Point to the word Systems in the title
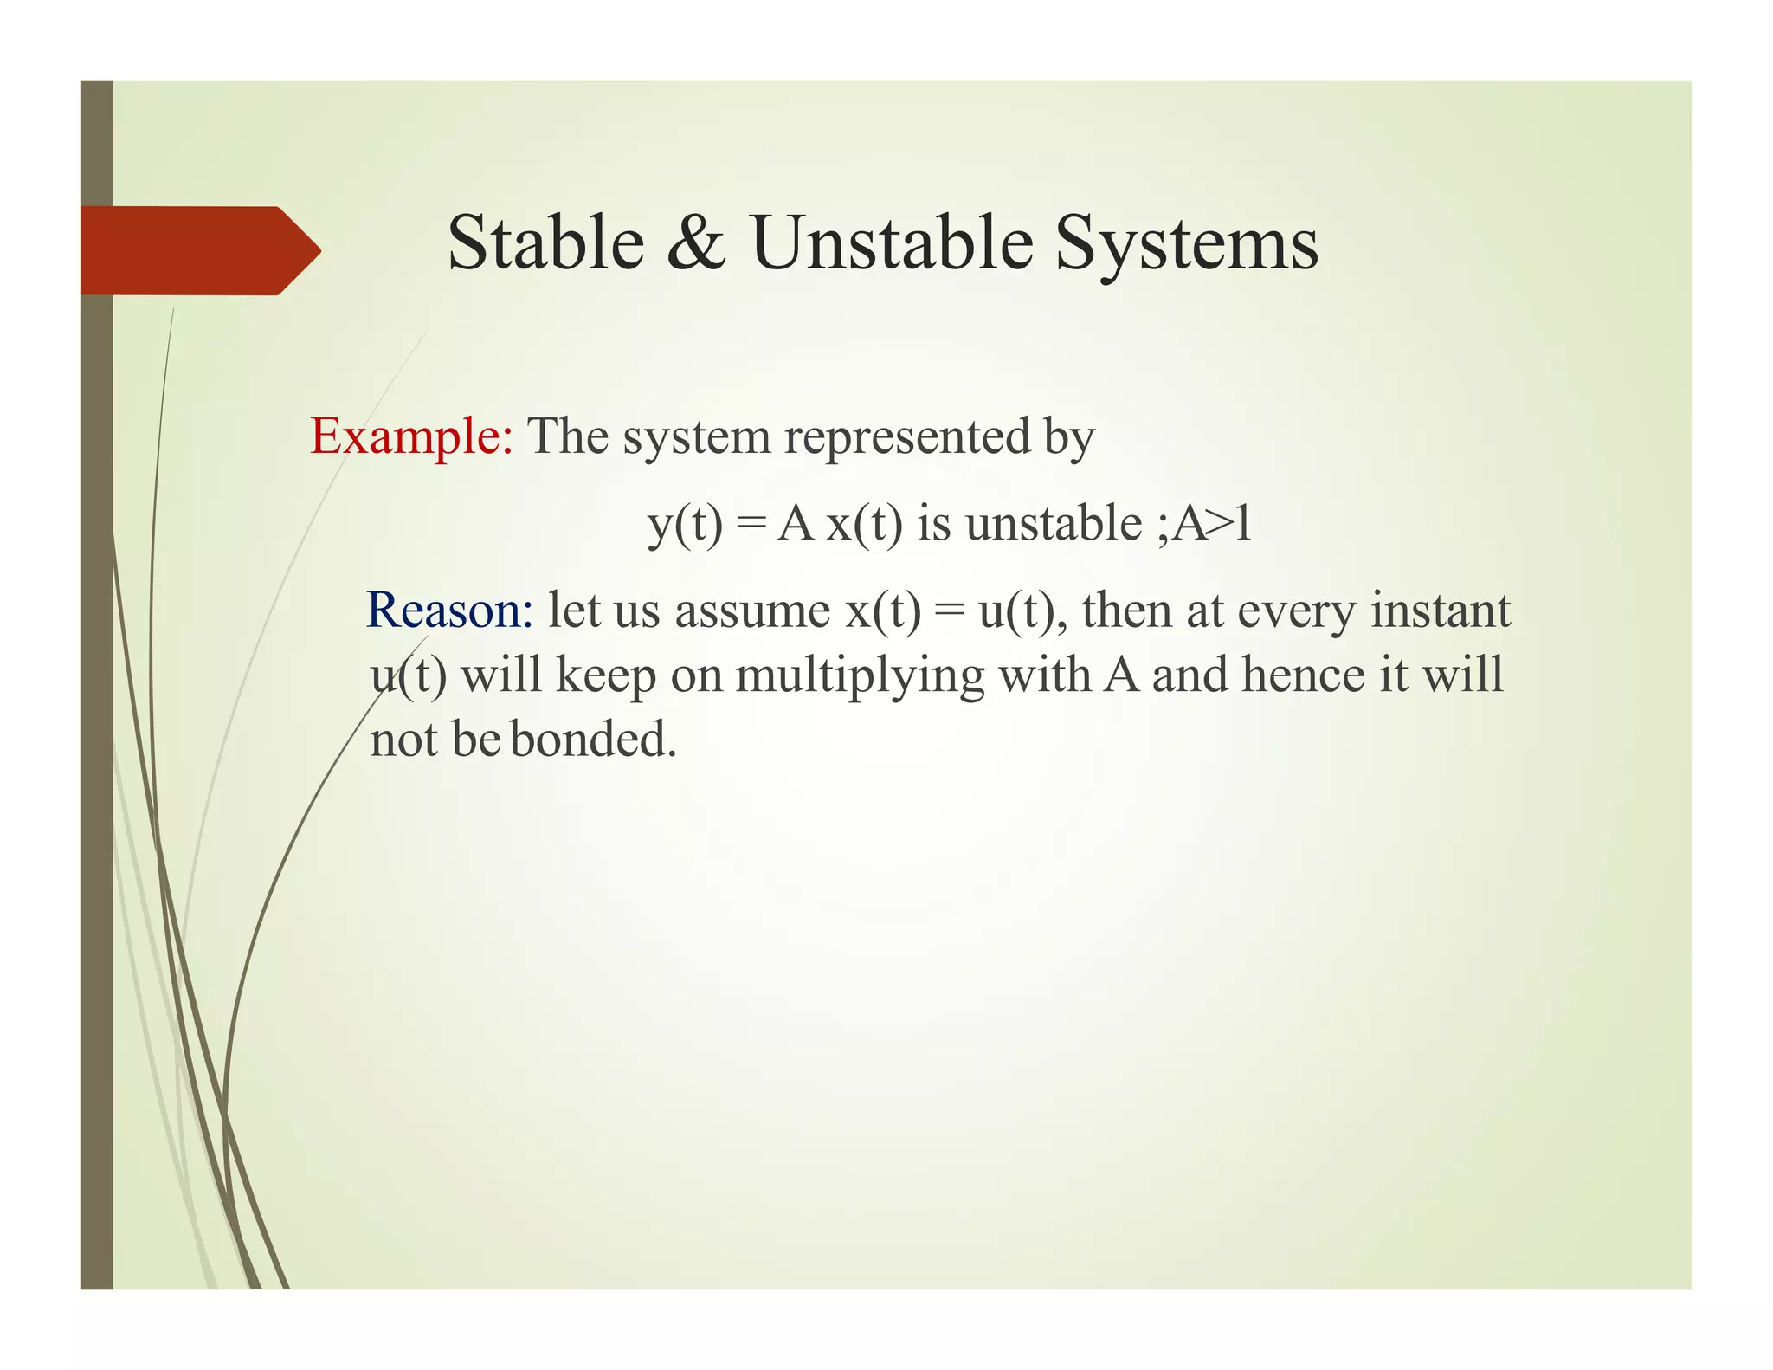point(1186,244)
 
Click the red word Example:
point(412,436)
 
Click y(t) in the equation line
point(685,524)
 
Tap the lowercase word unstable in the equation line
point(1054,524)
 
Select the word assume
point(752,611)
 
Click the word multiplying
point(860,675)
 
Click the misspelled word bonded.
point(592,740)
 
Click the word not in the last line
point(403,741)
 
